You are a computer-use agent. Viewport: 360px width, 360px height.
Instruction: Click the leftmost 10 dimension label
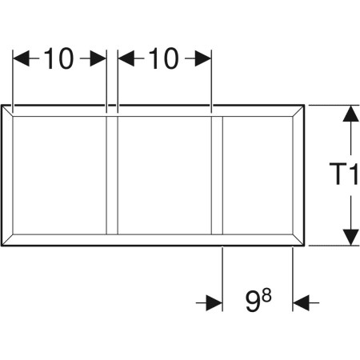(x=58, y=58)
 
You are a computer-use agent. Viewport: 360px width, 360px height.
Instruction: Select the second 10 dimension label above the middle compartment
(x=163, y=58)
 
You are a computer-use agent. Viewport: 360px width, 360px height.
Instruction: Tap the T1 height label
(x=344, y=174)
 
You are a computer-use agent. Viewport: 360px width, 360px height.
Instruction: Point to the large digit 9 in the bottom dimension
(x=252, y=302)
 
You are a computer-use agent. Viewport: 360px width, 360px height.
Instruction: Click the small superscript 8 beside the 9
(x=266, y=296)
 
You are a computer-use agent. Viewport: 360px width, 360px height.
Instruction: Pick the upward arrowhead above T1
(x=350, y=114)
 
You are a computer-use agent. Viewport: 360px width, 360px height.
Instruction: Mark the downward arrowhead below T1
(x=350, y=237)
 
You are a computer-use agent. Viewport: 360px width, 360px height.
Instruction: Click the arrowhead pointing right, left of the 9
(x=214, y=303)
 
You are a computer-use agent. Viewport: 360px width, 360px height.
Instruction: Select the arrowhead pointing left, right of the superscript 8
(x=301, y=303)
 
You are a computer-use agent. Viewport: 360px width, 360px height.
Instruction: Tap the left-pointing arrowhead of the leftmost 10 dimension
(x=21, y=58)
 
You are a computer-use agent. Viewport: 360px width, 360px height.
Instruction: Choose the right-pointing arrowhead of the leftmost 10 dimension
(x=98, y=58)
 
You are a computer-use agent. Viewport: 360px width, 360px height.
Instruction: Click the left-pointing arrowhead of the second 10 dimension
(x=126, y=58)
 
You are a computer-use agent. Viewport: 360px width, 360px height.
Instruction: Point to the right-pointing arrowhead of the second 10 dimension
(x=203, y=58)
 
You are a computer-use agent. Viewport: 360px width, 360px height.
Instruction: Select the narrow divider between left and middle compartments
(x=112, y=175)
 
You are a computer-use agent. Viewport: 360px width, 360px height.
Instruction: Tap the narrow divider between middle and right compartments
(x=217, y=175)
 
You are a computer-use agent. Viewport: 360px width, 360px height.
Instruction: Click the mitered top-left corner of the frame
(x=7, y=110)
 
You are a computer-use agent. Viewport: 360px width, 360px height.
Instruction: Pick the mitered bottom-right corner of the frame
(x=298, y=240)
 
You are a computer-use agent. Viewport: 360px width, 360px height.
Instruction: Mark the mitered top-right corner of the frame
(x=298, y=110)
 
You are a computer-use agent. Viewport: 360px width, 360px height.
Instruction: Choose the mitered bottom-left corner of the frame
(x=7, y=240)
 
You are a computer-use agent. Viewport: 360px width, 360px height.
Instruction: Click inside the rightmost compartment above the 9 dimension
(x=258, y=175)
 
